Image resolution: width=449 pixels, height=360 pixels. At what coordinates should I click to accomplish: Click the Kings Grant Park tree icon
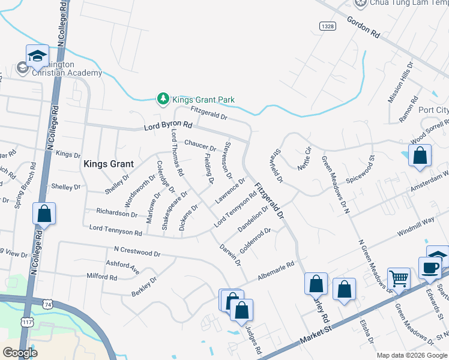tap(162, 100)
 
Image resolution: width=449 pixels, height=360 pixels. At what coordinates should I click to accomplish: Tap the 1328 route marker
tap(327, 26)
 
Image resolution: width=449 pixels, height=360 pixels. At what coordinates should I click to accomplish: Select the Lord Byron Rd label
tap(168, 127)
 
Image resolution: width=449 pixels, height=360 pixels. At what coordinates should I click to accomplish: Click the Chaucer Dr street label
tap(200, 145)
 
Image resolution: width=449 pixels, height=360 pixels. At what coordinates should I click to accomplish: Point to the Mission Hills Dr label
tap(401, 82)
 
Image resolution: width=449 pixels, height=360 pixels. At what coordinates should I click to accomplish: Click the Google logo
tap(20, 353)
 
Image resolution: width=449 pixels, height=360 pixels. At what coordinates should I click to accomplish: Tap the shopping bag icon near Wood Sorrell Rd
tap(420, 155)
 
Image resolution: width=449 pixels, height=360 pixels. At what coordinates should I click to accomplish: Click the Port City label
tap(433, 110)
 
